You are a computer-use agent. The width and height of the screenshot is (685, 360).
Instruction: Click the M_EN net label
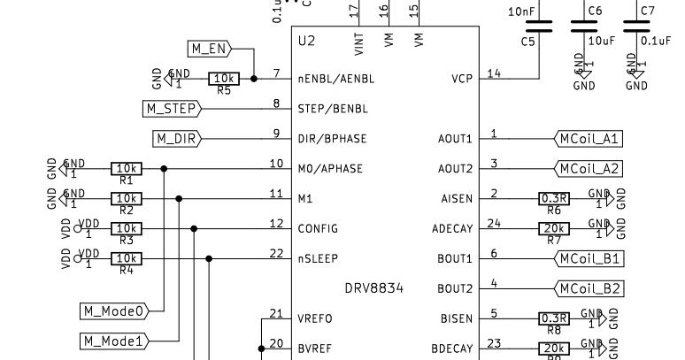click(x=209, y=48)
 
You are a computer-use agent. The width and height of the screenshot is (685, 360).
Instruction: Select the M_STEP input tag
click(x=172, y=109)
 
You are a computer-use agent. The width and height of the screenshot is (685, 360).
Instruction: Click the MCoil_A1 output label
click(x=588, y=139)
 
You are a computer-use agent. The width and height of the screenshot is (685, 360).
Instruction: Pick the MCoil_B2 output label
click(x=588, y=288)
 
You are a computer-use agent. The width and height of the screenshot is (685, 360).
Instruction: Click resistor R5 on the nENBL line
click(x=224, y=79)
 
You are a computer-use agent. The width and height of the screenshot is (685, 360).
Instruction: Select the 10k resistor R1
click(x=127, y=168)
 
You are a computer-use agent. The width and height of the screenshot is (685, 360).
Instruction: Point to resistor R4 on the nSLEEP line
click(x=127, y=258)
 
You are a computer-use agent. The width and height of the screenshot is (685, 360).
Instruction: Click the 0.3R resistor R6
click(x=554, y=199)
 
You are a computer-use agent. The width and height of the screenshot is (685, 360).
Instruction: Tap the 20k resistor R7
click(x=554, y=228)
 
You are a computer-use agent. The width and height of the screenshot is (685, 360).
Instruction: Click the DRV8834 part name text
click(x=373, y=288)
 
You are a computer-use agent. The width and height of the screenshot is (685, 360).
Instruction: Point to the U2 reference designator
click(x=306, y=41)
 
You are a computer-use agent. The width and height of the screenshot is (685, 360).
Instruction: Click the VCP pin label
click(x=463, y=79)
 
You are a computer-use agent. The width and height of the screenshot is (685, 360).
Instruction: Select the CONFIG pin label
click(x=318, y=228)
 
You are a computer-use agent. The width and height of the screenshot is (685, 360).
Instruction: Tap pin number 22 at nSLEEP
click(x=276, y=253)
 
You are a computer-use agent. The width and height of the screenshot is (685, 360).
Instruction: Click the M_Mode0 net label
click(x=114, y=310)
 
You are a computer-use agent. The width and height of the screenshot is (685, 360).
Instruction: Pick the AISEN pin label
click(x=456, y=199)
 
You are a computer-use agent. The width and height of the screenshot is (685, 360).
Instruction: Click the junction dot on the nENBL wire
click(x=254, y=79)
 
